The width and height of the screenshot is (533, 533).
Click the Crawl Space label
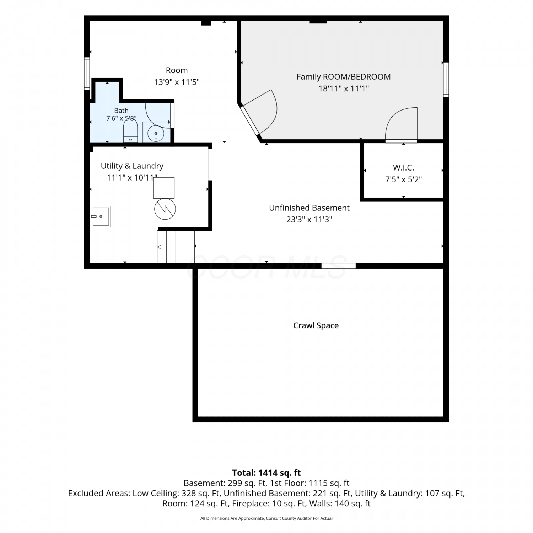(316, 325)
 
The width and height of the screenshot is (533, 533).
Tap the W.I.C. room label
(403, 167)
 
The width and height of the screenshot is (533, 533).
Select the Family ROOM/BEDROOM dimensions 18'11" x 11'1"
(344, 88)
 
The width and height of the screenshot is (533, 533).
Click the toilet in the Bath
(130, 131)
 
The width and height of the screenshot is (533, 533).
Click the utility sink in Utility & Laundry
(100, 216)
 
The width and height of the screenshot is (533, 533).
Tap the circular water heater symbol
(165, 209)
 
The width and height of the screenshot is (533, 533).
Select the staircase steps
(176, 247)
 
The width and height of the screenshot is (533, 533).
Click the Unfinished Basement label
(309, 208)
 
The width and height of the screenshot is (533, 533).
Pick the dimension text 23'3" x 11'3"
(309, 219)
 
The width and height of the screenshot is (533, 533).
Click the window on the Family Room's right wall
(446, 79)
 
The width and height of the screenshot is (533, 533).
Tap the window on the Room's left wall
(87, 73)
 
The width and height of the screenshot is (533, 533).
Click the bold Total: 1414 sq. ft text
(266, 473)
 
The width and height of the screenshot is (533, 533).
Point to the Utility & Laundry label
(132, 166)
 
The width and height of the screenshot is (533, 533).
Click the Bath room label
(122, 111)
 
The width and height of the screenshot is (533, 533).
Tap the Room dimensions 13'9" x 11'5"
(177, 82)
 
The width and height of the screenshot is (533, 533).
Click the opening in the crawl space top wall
(339, 265)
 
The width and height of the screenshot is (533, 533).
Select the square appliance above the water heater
(164, 188)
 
